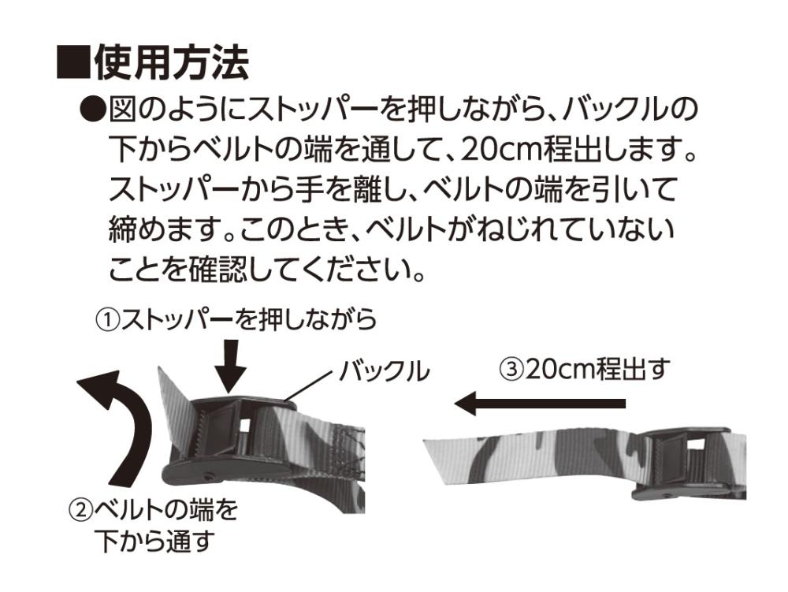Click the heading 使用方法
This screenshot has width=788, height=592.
pos(171,63)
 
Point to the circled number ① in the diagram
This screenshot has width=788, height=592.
pos(109,319)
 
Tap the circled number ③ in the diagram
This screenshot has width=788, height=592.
pos(511,370)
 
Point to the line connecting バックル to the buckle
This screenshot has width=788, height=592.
pos(308,388)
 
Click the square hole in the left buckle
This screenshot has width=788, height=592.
pos(245,425)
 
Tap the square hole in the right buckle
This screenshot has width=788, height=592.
pos(695,445)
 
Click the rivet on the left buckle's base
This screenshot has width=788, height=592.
pos(207,475)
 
